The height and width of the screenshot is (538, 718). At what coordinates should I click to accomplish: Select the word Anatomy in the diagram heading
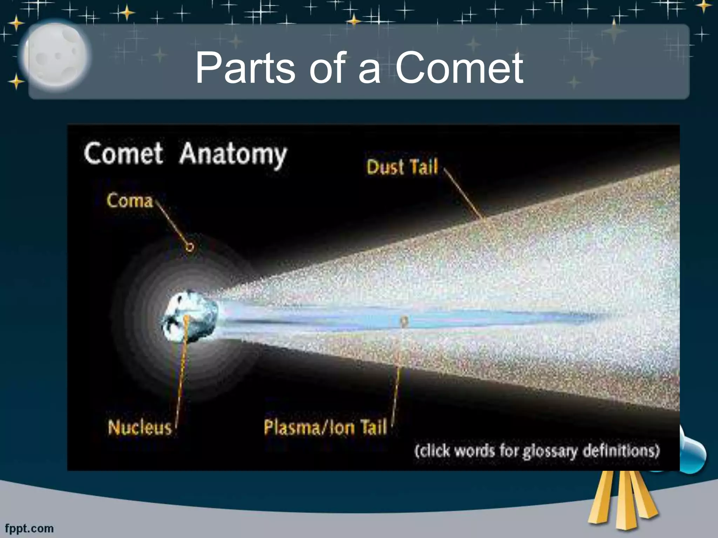tap(233, 154)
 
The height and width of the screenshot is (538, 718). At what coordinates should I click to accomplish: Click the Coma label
tap(130, 201)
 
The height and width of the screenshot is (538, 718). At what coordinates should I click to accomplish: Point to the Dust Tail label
tap(402, 167)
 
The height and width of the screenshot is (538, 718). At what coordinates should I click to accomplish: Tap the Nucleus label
tap(140, 428)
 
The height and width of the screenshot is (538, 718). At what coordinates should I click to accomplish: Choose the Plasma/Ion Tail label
tap(325, 427)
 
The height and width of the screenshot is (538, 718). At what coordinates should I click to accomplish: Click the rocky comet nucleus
tap(189, 317)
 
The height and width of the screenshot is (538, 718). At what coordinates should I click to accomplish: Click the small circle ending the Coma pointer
tap(190, 247)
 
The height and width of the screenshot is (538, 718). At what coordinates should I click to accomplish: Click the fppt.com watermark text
tap(29, 528)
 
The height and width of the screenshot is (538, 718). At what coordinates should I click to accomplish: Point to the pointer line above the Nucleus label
tap(181, 378)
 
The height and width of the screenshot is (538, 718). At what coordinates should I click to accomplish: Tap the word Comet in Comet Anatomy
tap(123, 153)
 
